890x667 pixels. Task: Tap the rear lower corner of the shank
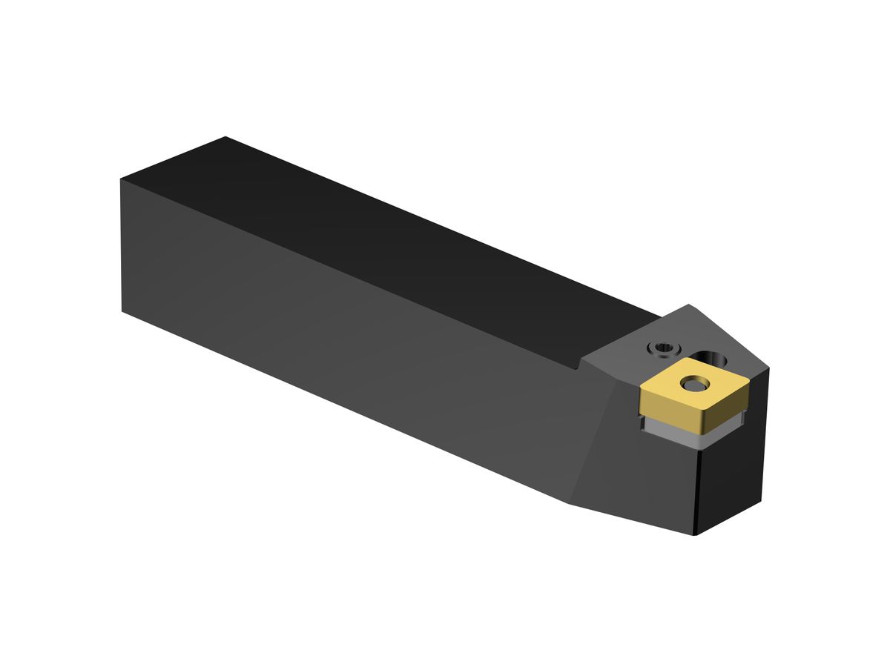123,311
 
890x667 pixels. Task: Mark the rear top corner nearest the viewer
121,180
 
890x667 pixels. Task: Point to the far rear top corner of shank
225,137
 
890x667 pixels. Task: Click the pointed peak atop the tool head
690,305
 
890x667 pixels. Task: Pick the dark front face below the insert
731,474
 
